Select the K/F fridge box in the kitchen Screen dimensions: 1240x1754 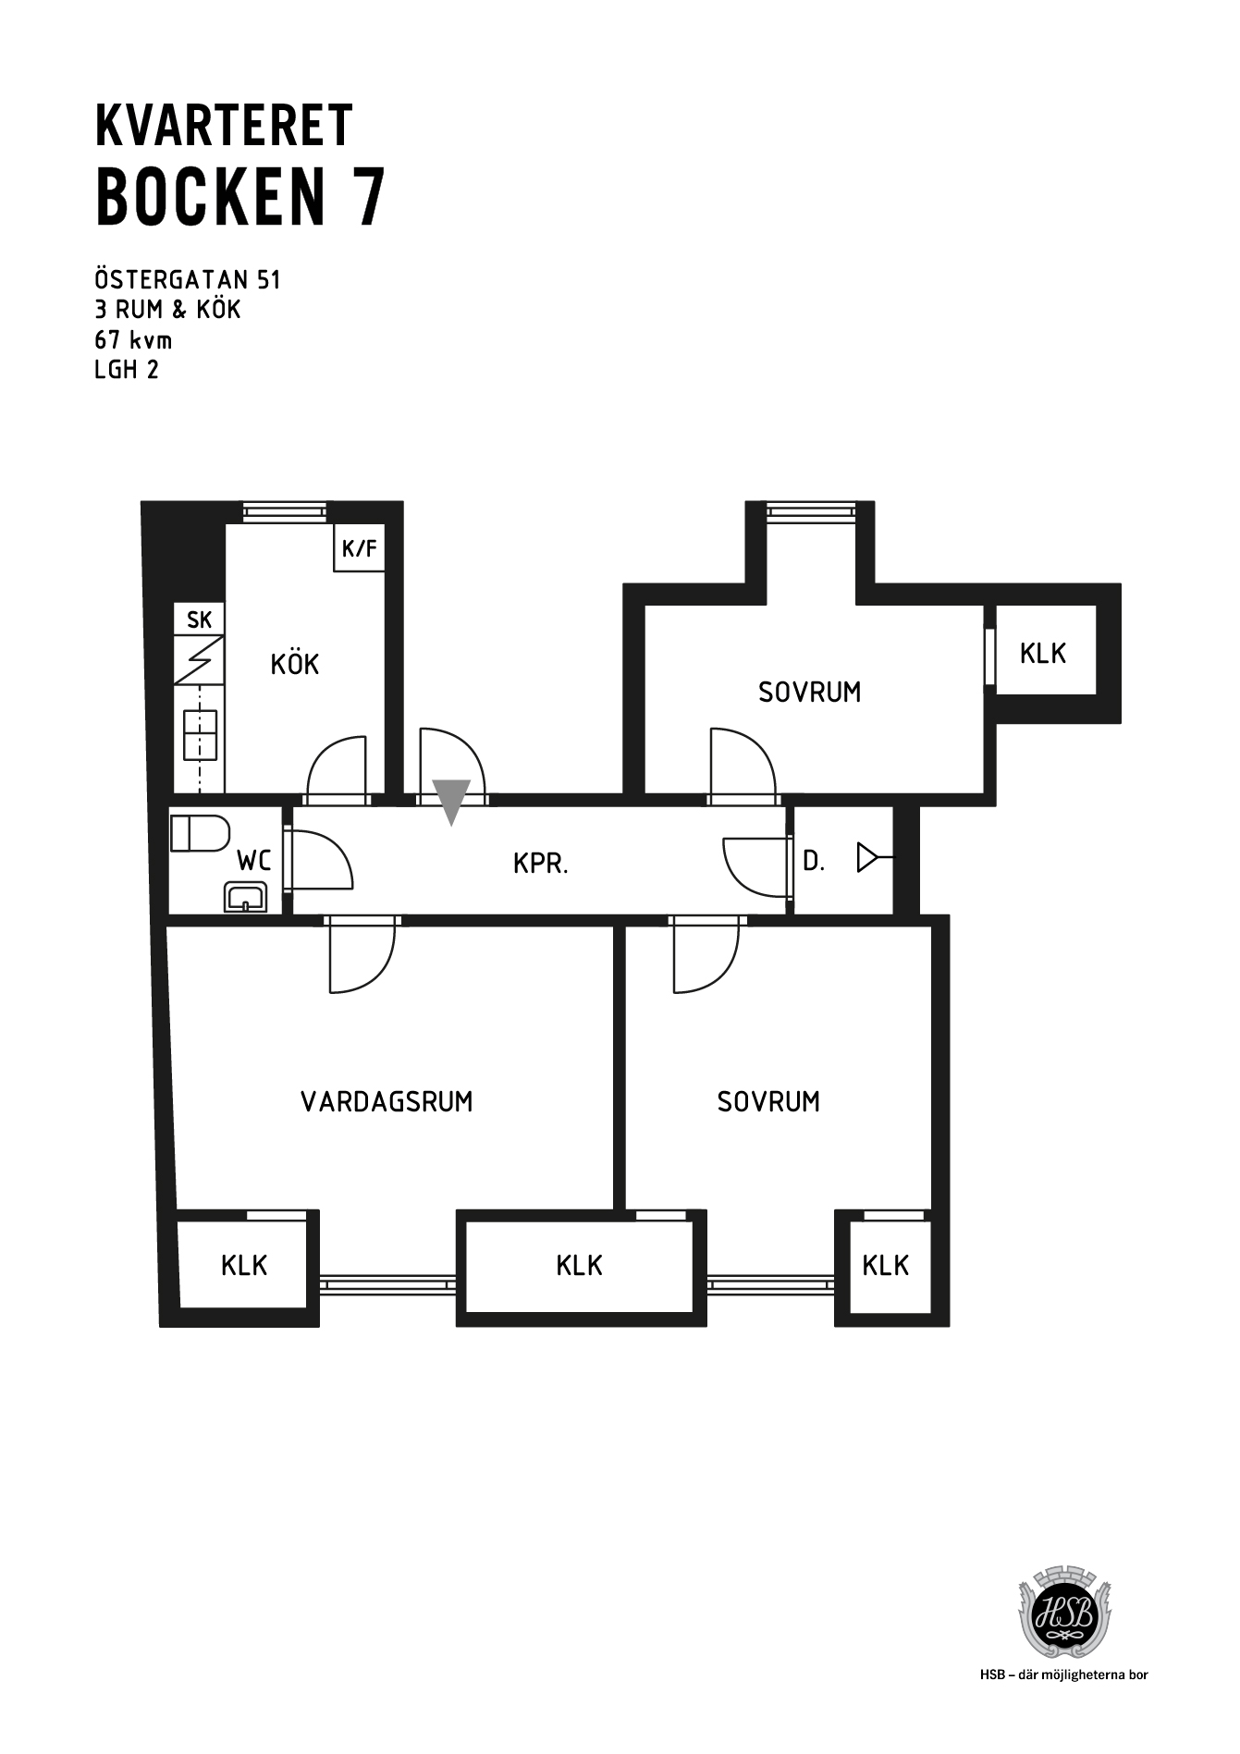point(360,548)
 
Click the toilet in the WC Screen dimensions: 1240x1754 point(200,833)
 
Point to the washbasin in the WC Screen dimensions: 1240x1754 point(245,897)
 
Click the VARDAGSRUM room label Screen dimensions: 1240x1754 point(387,1101)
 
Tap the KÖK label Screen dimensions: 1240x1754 point(295,663)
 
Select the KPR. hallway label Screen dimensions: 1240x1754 point(541,864)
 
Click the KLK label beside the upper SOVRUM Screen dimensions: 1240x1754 point(1043,654)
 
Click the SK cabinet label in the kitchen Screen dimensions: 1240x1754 point(199,620)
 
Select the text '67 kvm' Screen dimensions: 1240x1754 point(134,340)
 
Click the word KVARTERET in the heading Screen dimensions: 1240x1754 point(224,126)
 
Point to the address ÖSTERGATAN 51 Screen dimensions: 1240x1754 point(188,279)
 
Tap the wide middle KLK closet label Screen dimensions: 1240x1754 point(580,1265)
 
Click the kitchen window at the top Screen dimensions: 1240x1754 point(285,511)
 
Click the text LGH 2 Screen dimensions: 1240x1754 point(128,371)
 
